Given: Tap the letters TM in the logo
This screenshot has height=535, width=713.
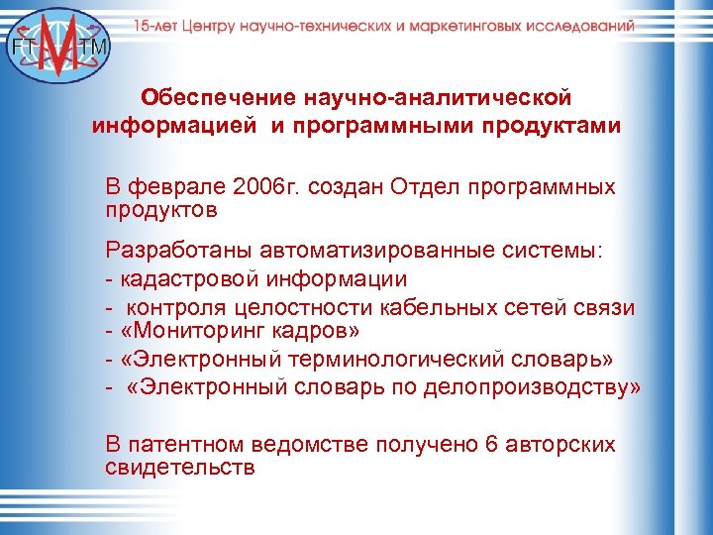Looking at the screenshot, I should (x=97, y=47).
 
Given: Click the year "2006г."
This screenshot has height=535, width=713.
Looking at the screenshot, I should (x=280, y=187).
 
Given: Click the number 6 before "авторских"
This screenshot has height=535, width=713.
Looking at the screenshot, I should (x=492, y=445).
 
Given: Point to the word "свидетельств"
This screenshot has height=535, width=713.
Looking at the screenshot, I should (x=179, y=467).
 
